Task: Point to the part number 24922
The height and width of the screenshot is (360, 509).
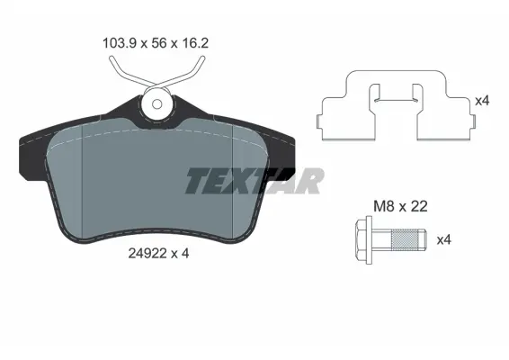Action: [139, 254]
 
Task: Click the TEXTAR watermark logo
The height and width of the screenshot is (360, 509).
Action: [254, 181]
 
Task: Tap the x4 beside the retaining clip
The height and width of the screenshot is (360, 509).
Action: [482, 101]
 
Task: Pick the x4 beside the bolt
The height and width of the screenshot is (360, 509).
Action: [443, 240]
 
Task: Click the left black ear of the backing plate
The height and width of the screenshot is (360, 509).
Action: [34, 144]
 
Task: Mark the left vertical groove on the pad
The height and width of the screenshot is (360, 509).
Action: [83, 175]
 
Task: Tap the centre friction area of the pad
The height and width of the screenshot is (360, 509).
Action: [157, 180]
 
